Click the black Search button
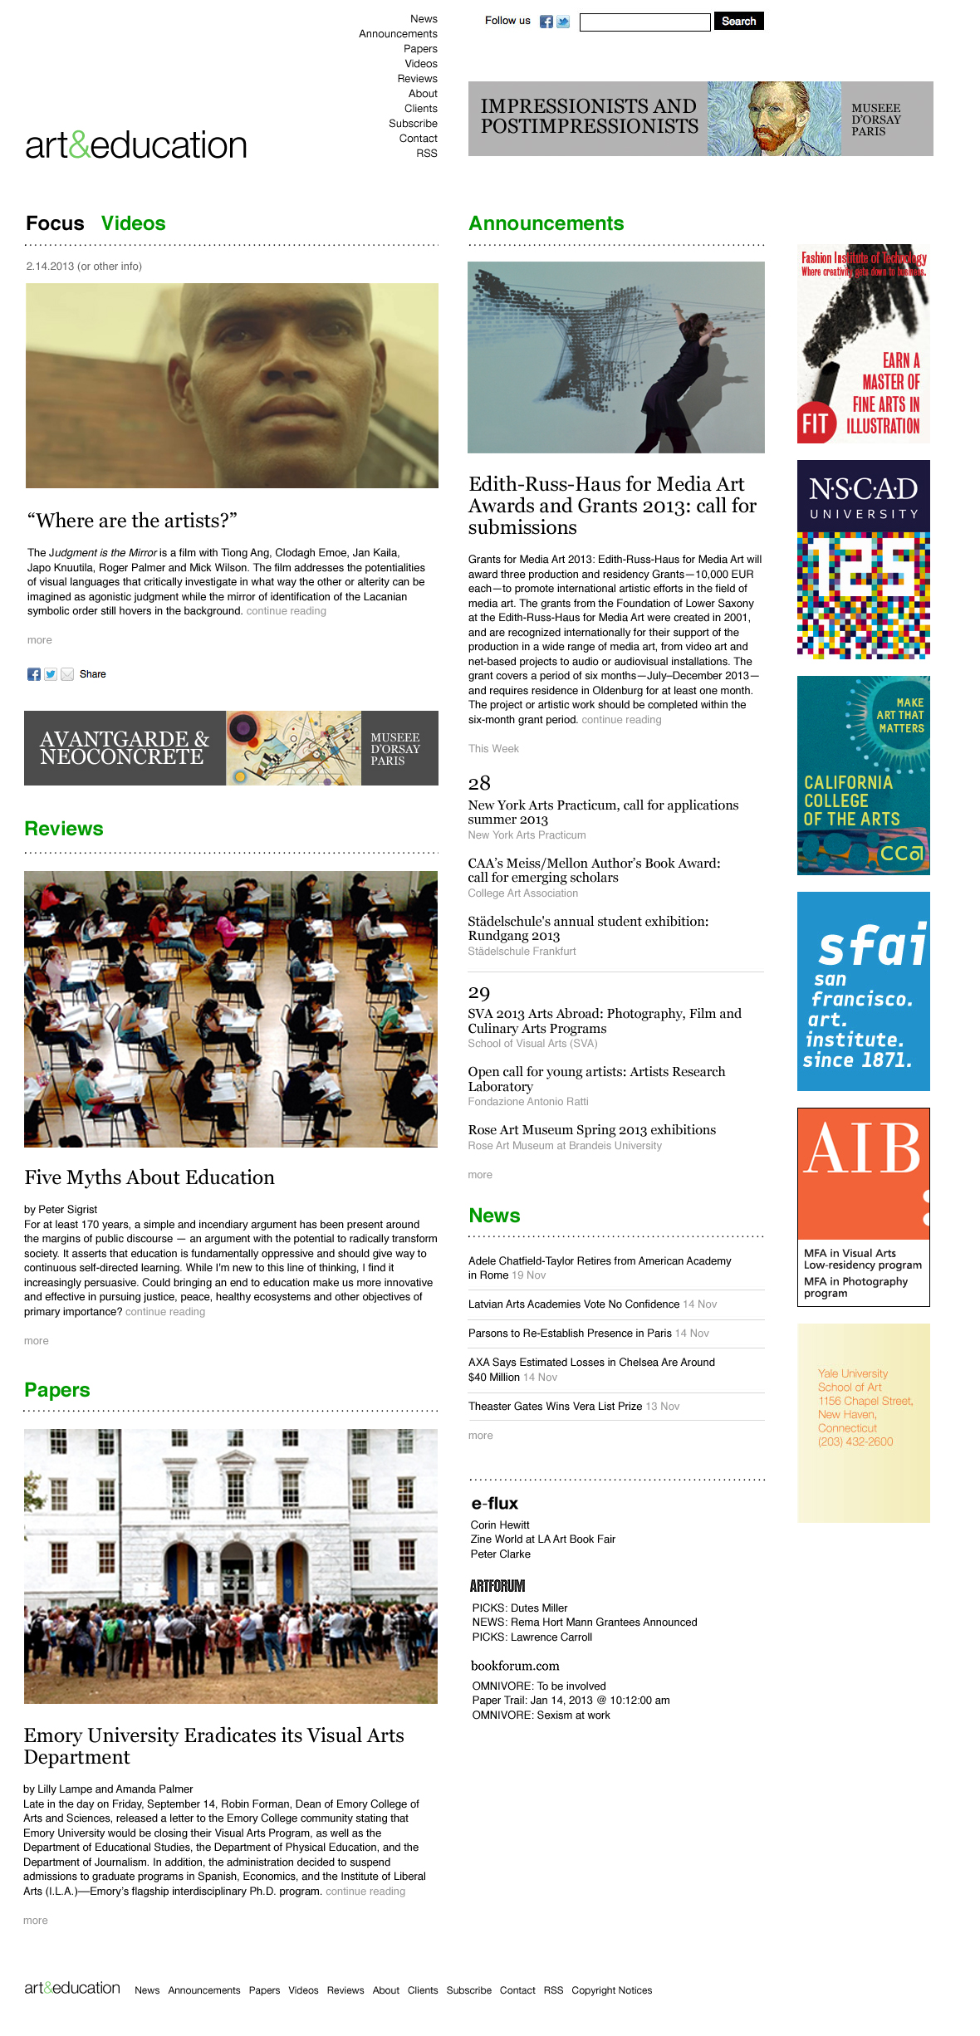click(x=738, y=22)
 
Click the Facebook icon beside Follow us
click(x=546, y=22)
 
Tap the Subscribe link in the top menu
click(x=413, y=124)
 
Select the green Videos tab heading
click(x=133, y=223)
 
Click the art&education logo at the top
click(x=136, y=145)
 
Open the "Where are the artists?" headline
click(x=132, y=521)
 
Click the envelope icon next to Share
click(x=67, y=674)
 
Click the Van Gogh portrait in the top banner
click(x=774, y=119)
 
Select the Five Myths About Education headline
click(x=149, y=1177)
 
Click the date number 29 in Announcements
click(x=479, y=992)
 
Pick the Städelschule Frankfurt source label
click(x=522, y=952)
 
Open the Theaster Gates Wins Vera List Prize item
click(x=555, y=1407)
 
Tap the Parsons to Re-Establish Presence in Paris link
click(x=570, y=1334)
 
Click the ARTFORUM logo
click(x=497, y=1586)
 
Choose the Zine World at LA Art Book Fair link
click(x=542, y=1539)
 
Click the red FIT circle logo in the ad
click(x=815, y=423)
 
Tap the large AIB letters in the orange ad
click(x=863, y=1150)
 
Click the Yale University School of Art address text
click(x=864, y=1407)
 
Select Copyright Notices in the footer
click(x=611, y=1990)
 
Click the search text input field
click(x=644, y=22)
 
